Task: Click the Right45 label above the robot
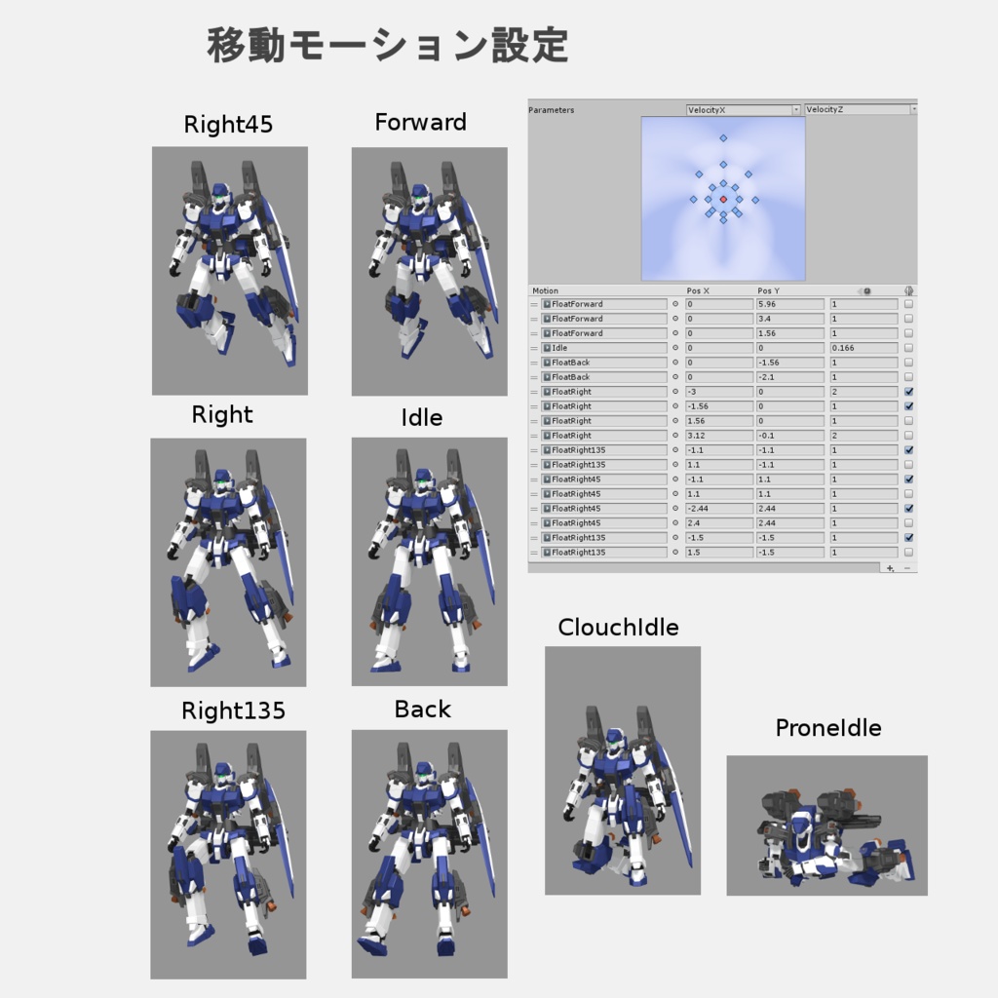(228, 125)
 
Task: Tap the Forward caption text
(420, 123)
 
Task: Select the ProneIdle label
(827, 728)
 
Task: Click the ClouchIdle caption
(618, 628)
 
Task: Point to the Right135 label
(233, 711)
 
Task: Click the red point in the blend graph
(723, 199)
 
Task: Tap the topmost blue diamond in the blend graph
(723, 138)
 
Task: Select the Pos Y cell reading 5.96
(789, 304)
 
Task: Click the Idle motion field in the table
(604, 348)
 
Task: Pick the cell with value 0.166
(862, 348)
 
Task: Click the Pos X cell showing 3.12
(718, 436)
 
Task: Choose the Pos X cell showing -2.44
(718, 509)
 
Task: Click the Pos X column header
(698, 290)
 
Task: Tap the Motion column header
(546, 290)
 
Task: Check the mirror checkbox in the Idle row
(908, 348)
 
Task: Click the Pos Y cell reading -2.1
(789, 377)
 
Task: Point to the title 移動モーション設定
(387, 45)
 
